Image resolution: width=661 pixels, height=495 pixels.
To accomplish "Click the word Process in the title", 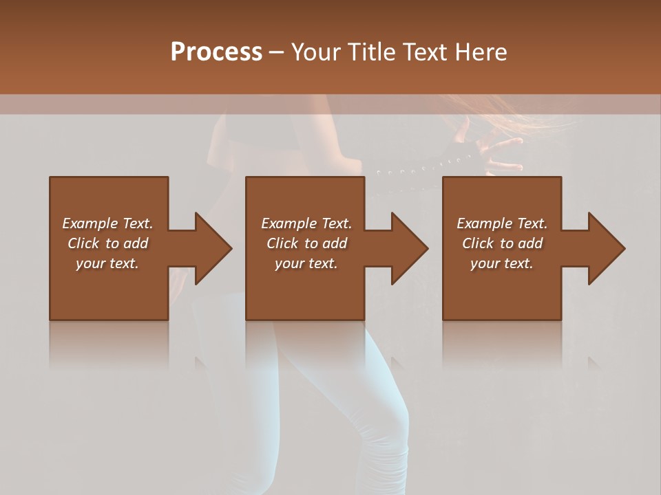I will (216, 52).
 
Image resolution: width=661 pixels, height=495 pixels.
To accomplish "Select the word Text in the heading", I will (422, 52).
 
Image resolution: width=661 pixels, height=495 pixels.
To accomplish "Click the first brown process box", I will (109, 289).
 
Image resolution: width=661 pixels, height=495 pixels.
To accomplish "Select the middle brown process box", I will (305, 289).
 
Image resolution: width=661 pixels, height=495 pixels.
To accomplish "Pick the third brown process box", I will (501, 289).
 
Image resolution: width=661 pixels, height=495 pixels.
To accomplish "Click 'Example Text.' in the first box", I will (107, 223).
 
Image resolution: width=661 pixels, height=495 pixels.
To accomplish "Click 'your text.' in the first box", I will (107, 263).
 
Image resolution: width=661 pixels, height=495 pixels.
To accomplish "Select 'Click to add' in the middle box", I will (306, 243).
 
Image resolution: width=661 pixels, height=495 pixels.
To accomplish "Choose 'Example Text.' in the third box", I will (502, 223).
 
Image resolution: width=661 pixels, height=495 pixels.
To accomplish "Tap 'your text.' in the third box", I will (502, 263).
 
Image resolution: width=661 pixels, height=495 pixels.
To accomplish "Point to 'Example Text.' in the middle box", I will (306, 223).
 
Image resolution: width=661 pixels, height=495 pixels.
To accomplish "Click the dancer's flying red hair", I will (537, 117).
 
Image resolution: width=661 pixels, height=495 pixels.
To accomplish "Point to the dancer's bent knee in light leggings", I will (386, 412).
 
